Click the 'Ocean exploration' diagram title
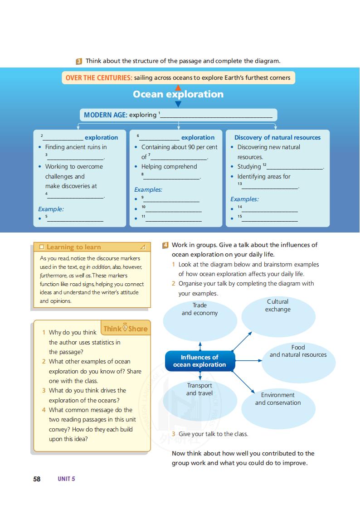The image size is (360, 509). click(x=178, y=94)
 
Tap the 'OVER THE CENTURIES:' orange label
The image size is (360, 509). click(x=99, y=78)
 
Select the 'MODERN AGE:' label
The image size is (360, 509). click(x=105, y=115)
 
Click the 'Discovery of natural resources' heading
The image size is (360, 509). click(x=277, y=137)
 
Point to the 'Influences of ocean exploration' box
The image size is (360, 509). click(x=199, y=361)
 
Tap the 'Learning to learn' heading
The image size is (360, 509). click(x=73, y=247)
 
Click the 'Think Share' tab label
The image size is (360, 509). click(x=126, y=329)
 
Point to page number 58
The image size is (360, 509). click(x=37, y=479)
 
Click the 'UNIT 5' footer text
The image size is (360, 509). click(x=66, y=479)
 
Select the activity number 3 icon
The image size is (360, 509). click(x=79, y=61)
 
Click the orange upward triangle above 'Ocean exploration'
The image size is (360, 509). click(x=178, y=87)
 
